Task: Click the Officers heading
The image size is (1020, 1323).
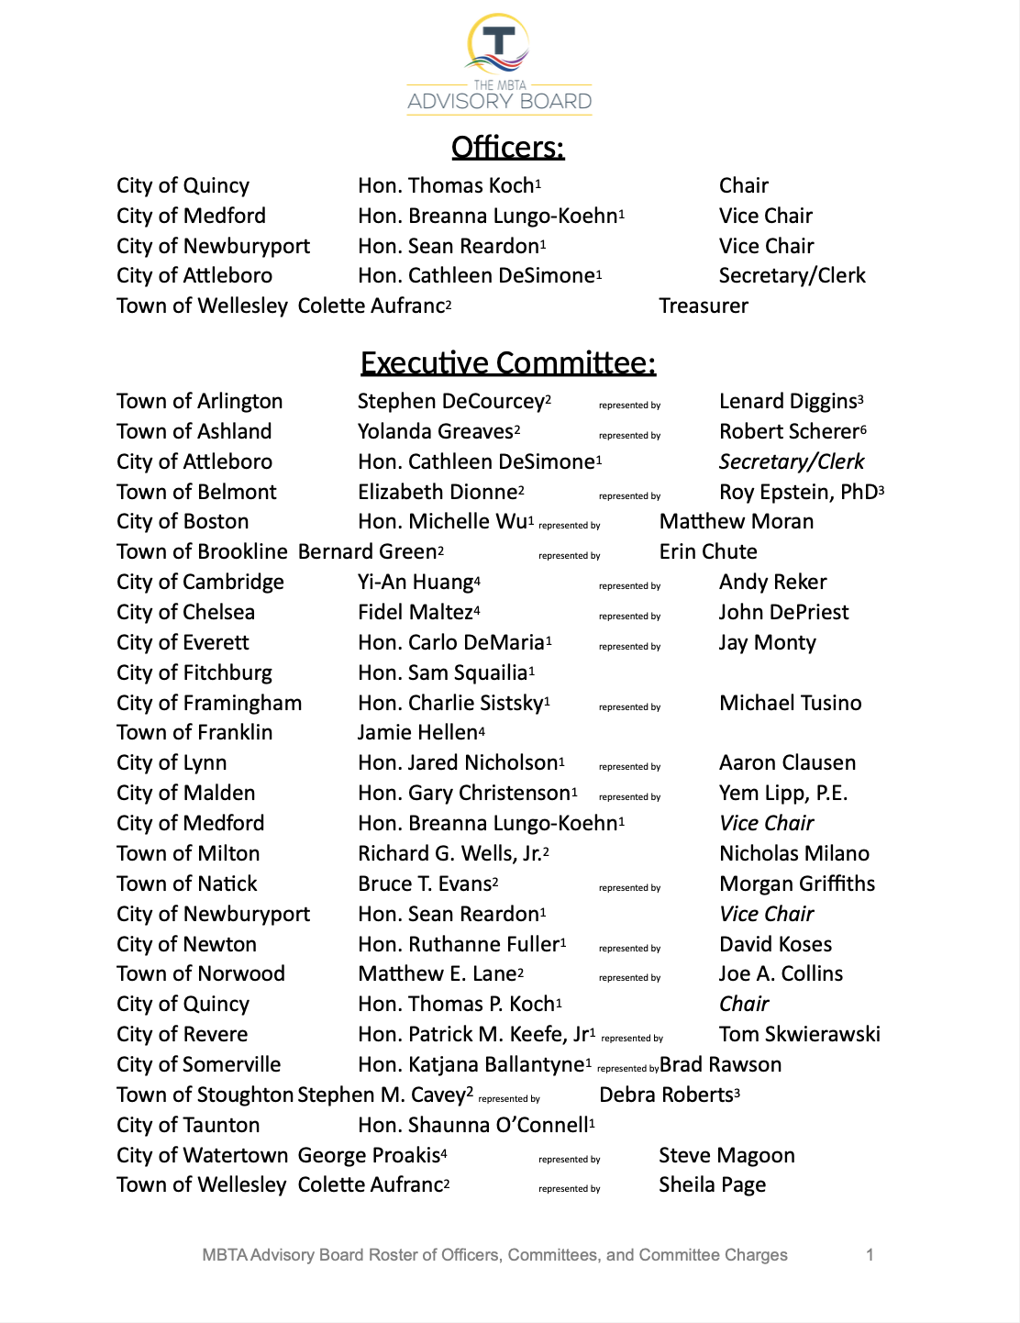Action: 507,148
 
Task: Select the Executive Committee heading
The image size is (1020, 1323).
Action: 507,363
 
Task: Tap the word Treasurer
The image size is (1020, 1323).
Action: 704,306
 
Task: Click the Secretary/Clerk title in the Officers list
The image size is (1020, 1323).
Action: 792,276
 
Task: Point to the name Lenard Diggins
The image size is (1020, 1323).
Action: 788,402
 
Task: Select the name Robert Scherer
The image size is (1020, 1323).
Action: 789,432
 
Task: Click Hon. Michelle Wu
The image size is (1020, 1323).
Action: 443,522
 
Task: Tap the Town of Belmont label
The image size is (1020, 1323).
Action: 196,493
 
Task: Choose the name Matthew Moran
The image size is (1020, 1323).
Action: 737,522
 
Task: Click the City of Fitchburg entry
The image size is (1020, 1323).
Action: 194,673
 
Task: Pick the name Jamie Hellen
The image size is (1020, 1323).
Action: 418,733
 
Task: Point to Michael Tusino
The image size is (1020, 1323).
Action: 790,704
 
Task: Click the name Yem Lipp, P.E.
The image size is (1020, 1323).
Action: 783,794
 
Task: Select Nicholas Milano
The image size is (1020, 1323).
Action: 794,854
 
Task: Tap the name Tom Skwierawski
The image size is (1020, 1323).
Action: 799,1035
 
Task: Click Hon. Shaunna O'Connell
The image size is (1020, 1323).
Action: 473,1126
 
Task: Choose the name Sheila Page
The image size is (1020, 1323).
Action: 712,1185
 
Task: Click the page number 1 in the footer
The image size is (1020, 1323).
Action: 870,1255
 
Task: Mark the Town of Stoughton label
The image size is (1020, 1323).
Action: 205,1095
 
